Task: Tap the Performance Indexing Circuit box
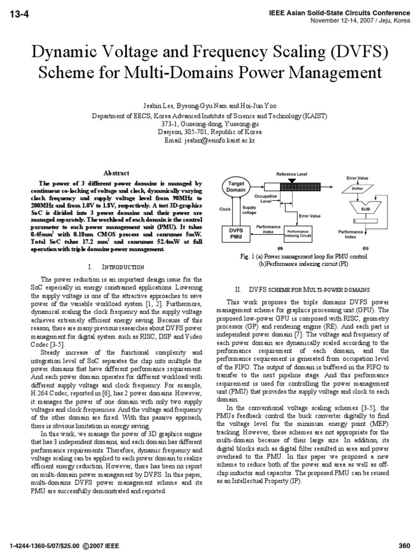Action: click(299, 234)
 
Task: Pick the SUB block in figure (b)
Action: click(365, 209)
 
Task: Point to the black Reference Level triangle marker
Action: click(291, 180)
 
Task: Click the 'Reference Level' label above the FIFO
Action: click(291, 173)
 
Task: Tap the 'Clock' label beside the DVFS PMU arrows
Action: click(225, 209)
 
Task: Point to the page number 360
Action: click(404, 546)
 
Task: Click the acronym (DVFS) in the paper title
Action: click(353, 53)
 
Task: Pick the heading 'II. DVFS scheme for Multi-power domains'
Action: click(309, 289)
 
